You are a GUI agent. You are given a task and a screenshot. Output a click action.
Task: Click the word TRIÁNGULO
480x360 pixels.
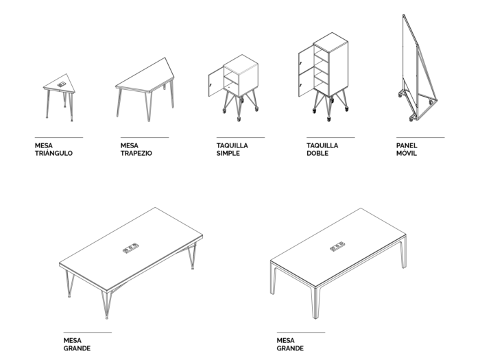[x=53, y=153]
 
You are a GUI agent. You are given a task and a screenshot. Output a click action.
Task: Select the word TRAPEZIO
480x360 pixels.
[x=136, y=153]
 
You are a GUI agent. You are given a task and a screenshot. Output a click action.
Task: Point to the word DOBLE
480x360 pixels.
[x=317, y=153]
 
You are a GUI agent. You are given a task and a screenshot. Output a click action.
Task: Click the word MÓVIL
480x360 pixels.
[x=407, y=153]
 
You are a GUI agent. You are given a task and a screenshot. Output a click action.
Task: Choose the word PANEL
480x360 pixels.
[x=407, y=145]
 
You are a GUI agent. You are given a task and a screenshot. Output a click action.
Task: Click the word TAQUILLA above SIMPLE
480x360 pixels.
[x=232, y=145]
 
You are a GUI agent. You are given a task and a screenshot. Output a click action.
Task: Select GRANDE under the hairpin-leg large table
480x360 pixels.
[x=77, y=348]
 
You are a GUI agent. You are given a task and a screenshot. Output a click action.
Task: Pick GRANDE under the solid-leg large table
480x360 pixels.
[x=290, y=348]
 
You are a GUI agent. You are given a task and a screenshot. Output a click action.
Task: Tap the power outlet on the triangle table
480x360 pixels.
[x=62, y=84]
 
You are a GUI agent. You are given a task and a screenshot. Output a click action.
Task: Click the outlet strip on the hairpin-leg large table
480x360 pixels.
[x=130, y=248]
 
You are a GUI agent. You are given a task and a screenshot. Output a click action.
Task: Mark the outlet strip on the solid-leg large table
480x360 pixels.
[x=337, y=246]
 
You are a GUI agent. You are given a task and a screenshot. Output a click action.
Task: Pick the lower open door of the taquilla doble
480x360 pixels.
[x=306, y=84]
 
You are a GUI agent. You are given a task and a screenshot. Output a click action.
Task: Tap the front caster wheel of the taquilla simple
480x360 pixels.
[x=239, y=119]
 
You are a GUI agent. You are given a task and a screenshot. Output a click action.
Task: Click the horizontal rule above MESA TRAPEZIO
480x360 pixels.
[x=145, y=137]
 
